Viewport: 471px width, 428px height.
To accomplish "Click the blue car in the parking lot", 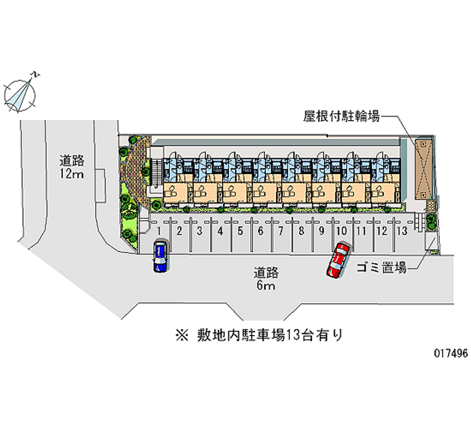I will coord(160,256).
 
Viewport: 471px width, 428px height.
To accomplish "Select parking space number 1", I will coord(159,231).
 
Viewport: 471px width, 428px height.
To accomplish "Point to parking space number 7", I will coord(281,231).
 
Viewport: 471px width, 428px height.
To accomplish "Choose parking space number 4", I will coord(220,231).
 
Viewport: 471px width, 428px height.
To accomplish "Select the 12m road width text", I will coord(72,174).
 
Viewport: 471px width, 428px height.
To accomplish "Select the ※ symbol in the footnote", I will coord(178,336).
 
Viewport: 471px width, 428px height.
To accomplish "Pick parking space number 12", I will coord(382,231).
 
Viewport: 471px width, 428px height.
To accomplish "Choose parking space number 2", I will coord(179,231).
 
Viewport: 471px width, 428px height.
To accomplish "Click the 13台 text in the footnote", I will coord(296,336).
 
